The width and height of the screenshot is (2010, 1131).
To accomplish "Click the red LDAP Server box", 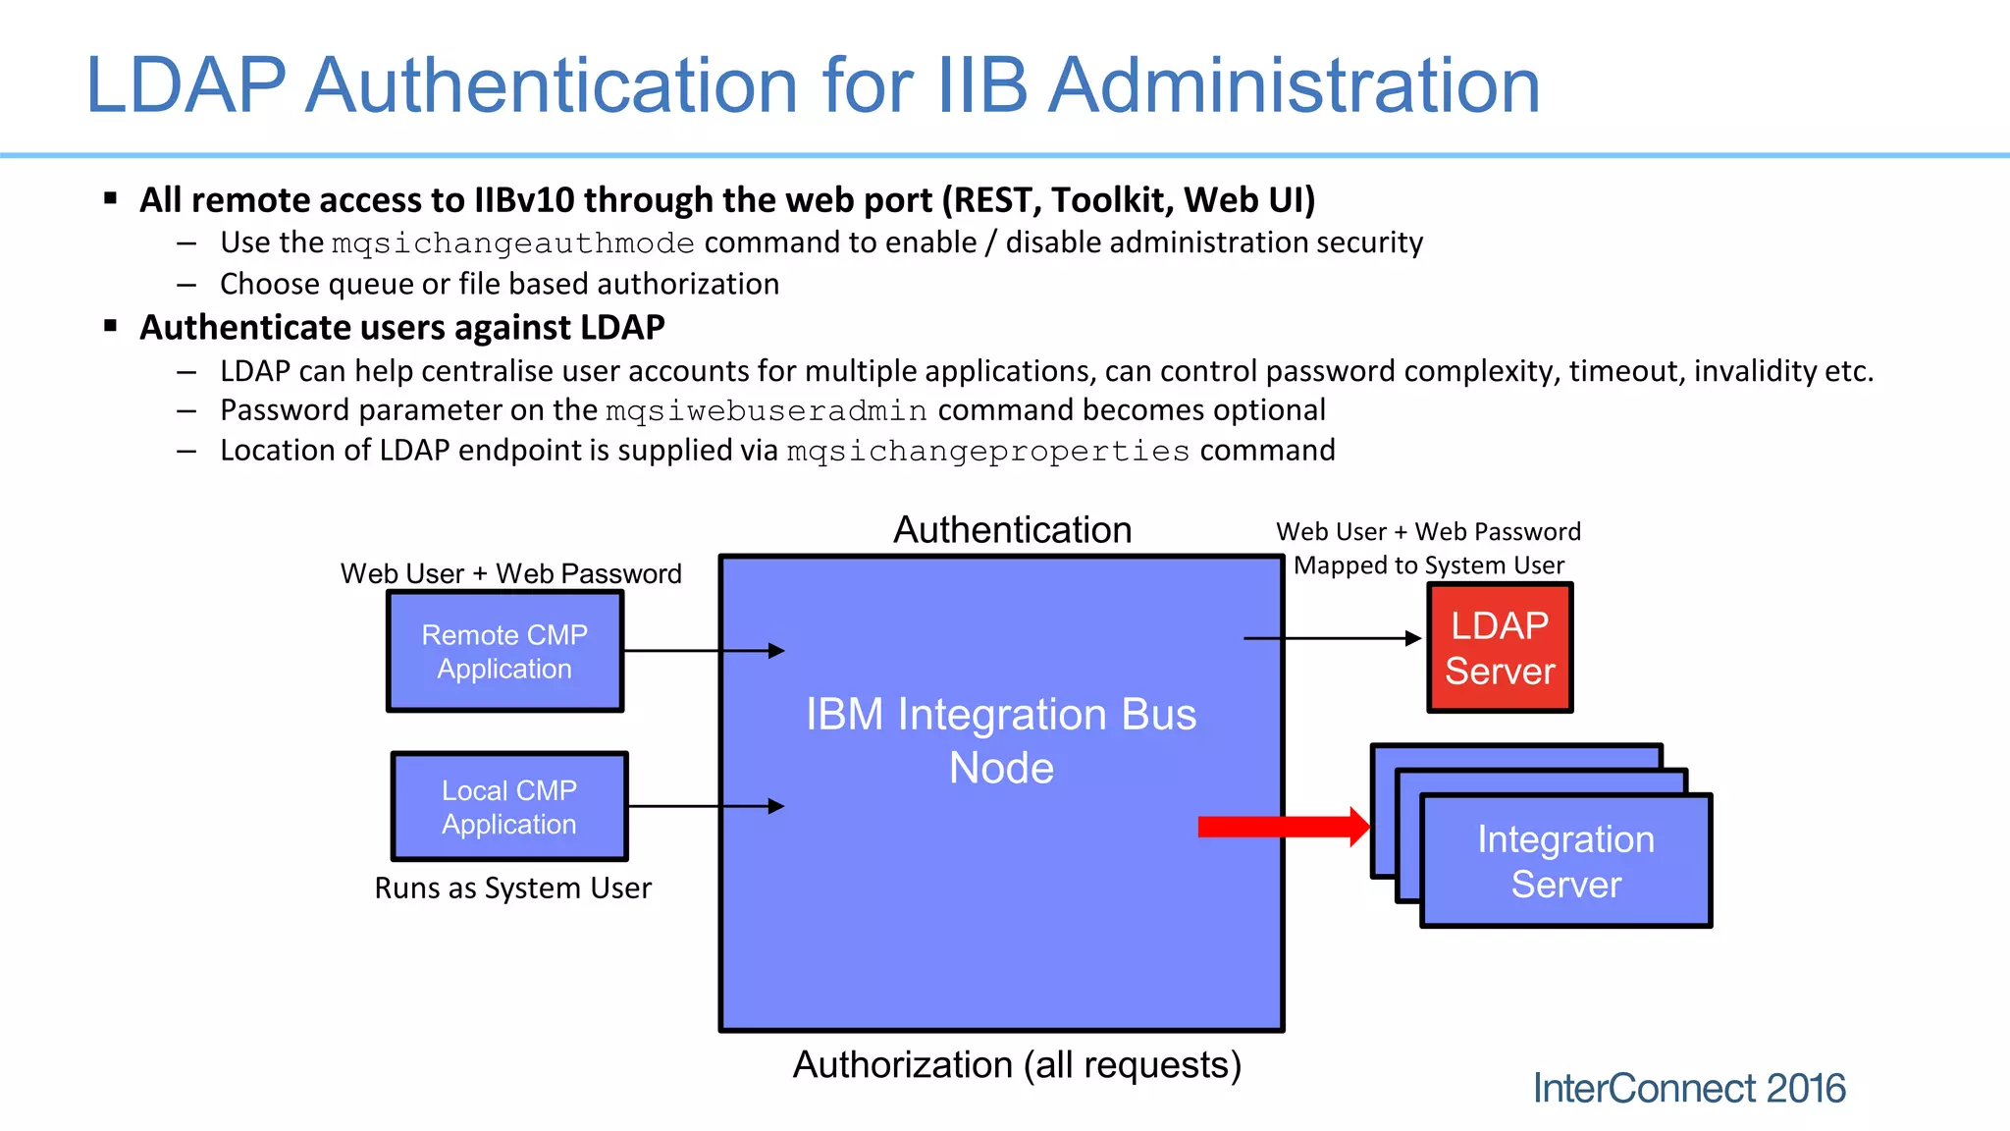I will [1500, 648].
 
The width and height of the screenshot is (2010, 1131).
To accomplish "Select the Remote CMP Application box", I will [504, 652].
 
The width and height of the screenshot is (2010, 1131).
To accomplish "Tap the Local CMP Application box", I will [508, 807].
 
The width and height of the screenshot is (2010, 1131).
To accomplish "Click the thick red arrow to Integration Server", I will [1282, 827].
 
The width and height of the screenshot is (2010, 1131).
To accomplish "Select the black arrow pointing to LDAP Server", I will [1333, 639].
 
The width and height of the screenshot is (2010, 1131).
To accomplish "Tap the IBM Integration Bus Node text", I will [1001, 740].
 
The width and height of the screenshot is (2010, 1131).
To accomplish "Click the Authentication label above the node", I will [1012, 530].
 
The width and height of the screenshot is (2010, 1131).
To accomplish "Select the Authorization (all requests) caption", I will [1017, 1065].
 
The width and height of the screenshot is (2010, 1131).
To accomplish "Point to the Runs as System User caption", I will [512, 889].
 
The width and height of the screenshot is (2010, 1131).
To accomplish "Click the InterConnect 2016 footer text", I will [1689, 1089].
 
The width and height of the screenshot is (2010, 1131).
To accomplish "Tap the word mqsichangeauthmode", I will [513, 243].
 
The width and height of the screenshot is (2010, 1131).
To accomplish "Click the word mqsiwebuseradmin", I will [767, 410].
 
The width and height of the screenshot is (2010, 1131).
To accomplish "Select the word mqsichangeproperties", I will [988, 452].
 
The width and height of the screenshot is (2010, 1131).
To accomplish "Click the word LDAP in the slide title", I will [186, 85].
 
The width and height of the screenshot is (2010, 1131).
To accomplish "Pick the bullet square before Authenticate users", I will [111, 325].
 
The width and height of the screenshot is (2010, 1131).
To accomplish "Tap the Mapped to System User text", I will [1428, 565].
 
